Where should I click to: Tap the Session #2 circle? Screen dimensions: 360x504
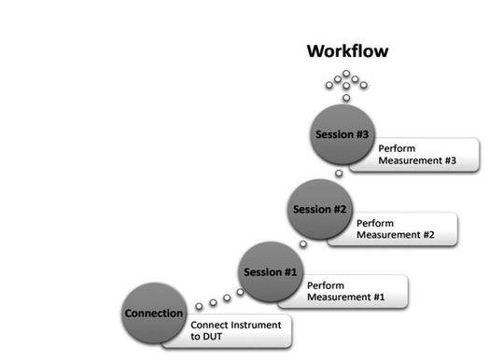coord(318,208)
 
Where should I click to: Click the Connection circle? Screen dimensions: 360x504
coord(154,313)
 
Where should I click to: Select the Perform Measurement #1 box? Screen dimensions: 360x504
coord(354,291)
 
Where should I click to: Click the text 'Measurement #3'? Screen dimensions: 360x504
coord(417,160)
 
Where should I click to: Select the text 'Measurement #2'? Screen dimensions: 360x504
coord(396,235)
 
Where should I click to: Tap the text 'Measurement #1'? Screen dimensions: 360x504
coord(346,298)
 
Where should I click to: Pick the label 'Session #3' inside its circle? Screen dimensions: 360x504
coord(340,134)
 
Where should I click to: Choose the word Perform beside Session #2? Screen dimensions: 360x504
coord(376,223)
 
